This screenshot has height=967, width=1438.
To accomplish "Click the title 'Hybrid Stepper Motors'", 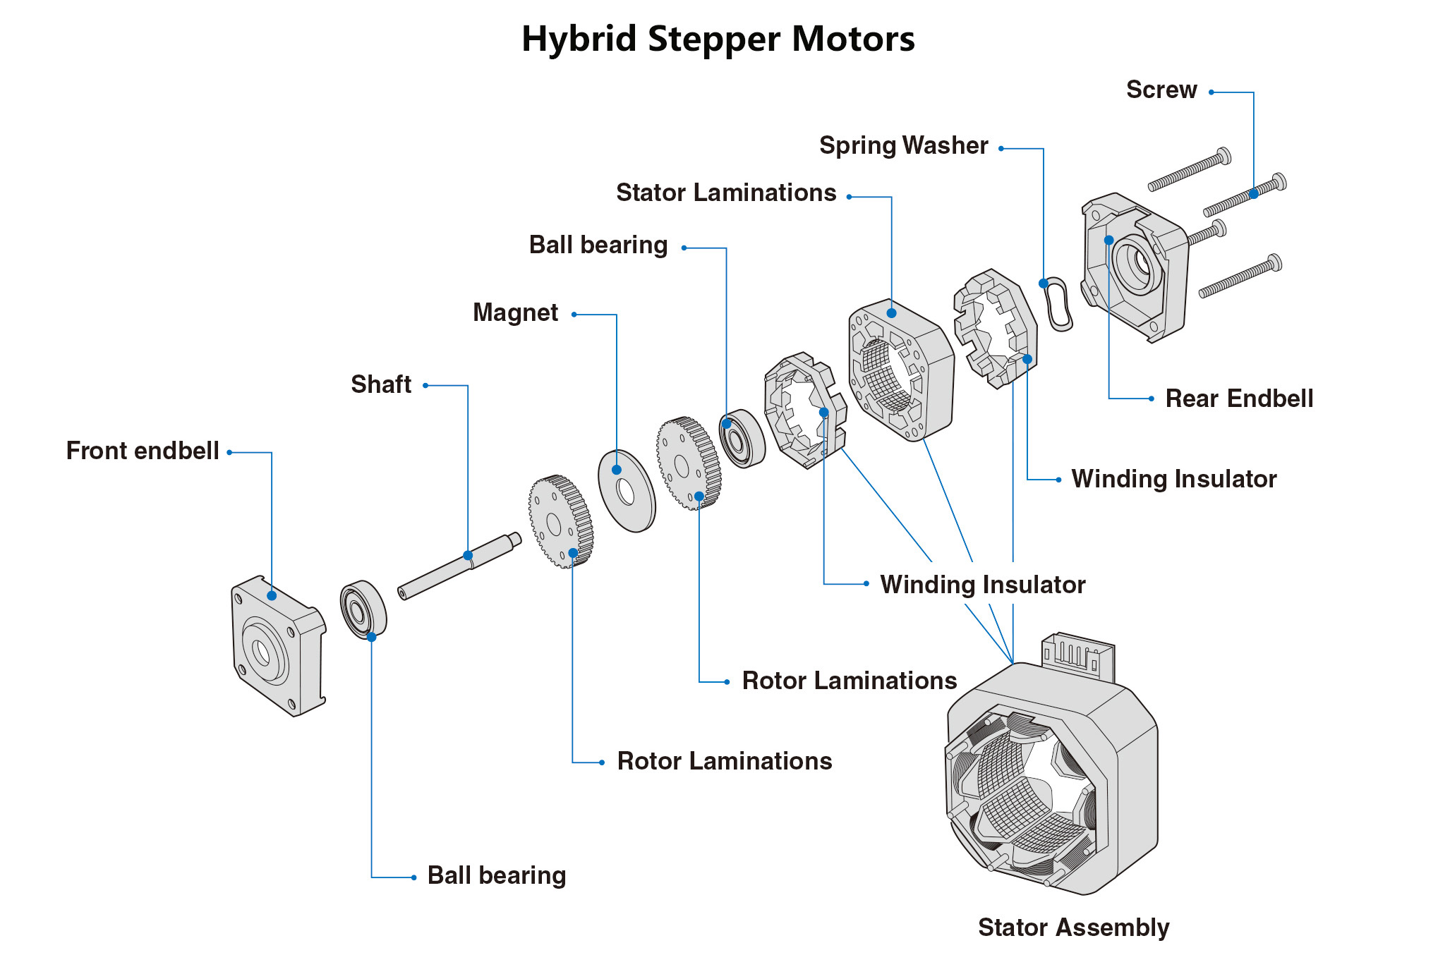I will (x=718, y=39).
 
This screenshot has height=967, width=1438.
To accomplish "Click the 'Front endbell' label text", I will (x=143, y=451).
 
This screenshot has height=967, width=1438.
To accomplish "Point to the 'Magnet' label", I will (x=515, y=312).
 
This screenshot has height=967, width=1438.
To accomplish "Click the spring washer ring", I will (x=1058, y=304).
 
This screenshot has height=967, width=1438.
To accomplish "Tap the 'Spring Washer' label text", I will (x=903, y=145).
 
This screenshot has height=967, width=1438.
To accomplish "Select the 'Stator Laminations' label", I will (x=725, y=193).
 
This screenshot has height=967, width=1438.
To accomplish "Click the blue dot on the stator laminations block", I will (x=892, y=313).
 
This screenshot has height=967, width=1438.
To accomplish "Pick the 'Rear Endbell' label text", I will (x=1239, y=399).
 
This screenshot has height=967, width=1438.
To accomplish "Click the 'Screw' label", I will (x=1161, y=90).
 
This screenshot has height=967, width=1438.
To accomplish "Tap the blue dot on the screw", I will (x=1254, y=194).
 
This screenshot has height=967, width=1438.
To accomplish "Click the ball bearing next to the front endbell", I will (x=363, y=609).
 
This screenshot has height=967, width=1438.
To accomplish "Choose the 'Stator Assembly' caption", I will (x=1073, y=927).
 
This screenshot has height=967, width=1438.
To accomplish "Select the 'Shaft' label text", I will (x=381, y=384).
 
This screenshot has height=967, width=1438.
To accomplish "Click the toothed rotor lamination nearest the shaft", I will (x=560, y=521).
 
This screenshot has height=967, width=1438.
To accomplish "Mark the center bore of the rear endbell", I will (x=1137, y=264).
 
